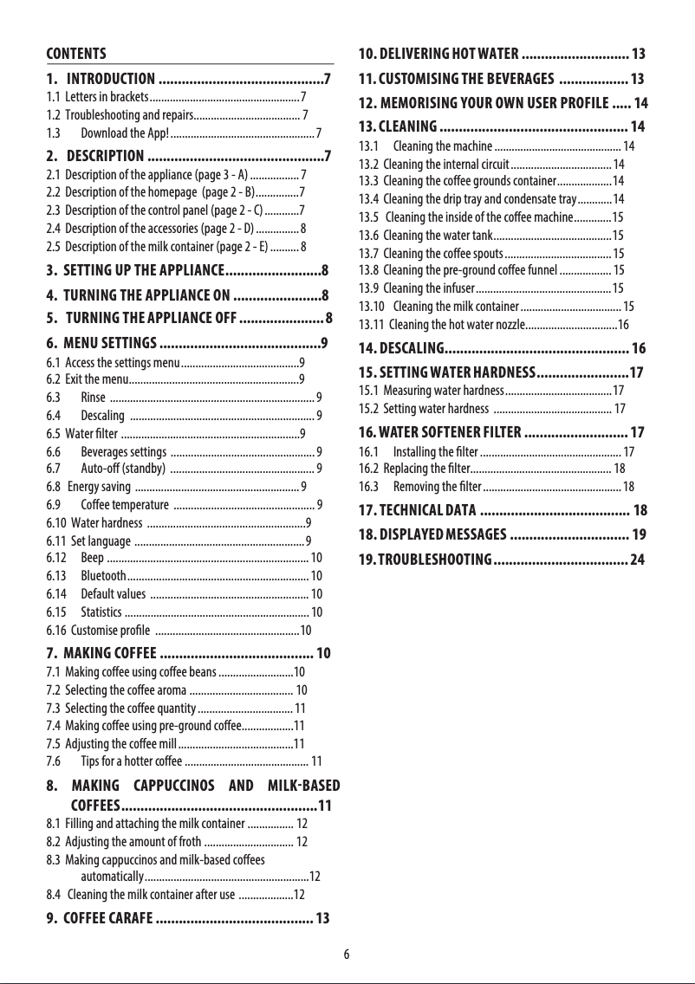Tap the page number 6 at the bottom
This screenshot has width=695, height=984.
click(x=347, y=955)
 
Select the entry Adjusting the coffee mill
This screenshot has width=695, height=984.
click(x=120, y=744)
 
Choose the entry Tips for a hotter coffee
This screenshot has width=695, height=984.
click(x=131, y=761)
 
